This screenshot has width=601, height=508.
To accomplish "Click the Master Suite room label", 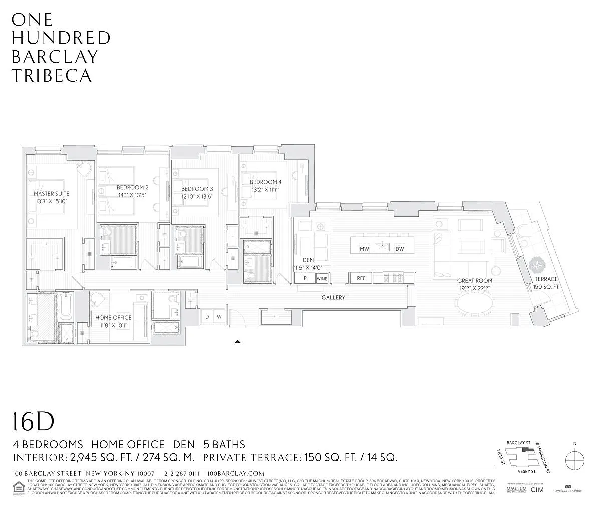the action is point(52,193).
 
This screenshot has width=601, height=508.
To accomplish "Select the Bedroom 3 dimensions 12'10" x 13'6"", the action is point(197,197).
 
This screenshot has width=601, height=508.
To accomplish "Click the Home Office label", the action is point(114,317).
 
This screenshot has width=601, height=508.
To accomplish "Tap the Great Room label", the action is point(474,281).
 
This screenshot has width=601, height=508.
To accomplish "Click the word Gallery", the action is point(333,297).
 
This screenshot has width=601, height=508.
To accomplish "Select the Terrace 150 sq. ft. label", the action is point(546,279).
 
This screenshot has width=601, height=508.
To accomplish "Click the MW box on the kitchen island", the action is point(364,249).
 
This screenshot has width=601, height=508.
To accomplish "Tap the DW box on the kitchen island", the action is point(399,249).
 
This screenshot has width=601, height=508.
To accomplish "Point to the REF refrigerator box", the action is point(361,278).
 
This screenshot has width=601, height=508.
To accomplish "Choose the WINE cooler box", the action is point(322,278).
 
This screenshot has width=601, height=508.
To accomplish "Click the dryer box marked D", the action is point(207,317).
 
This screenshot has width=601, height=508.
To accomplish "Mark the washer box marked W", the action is point(219,317).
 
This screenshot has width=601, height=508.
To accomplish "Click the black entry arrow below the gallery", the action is point(238,342).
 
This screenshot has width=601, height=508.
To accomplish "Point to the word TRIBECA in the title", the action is point(52,75).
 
